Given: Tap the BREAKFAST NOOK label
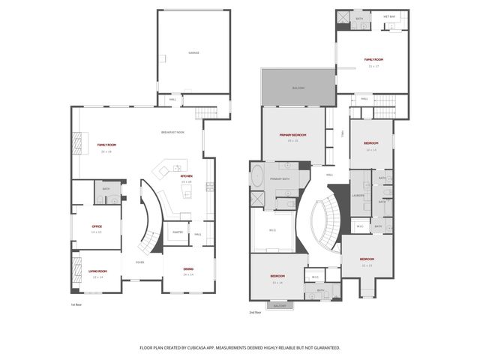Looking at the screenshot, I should (x=172, y=133).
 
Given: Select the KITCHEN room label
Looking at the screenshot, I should (x=186, y=176).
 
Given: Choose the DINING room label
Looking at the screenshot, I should (x=187, y=270).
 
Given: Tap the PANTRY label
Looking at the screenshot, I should (x=178, y=232).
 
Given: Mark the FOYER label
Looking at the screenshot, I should (x=139, y=262).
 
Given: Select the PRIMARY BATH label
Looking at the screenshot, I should (x=280, y=179).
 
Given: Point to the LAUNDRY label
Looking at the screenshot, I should (x=358, y=196).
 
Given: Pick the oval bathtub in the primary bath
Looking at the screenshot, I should (x=256, y=178).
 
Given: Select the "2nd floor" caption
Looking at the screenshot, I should (x=256, y=312).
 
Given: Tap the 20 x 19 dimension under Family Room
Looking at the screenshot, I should (x=106, y=151).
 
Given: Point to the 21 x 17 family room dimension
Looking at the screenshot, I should (x=372, y=66).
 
